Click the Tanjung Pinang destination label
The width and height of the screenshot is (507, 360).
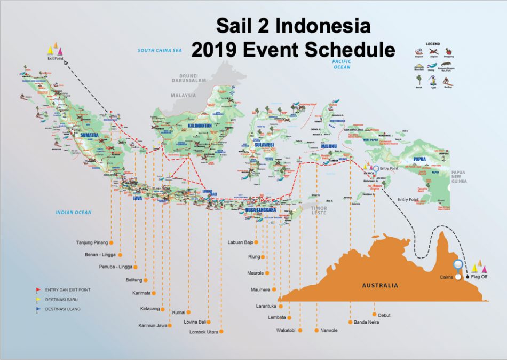(92, 242)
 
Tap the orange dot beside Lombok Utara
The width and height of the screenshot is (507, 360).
(221, 332)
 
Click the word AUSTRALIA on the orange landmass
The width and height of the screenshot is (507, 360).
(380, 285)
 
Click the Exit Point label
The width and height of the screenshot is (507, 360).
(55, 58)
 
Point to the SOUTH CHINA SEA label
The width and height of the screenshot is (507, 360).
(160, 51)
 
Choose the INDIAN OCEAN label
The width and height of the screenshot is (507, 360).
(74, 213)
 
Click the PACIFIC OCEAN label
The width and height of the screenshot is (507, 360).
(341, 65)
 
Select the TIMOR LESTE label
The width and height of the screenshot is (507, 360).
(320, 210)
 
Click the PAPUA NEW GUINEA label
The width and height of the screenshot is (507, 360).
(460, 176)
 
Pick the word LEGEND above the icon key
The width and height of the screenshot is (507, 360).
(432, 43)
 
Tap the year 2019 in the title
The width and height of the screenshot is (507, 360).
(214, 50)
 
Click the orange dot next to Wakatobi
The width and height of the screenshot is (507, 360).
(300, 331)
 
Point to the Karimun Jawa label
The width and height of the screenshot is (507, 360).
(153, 325)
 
